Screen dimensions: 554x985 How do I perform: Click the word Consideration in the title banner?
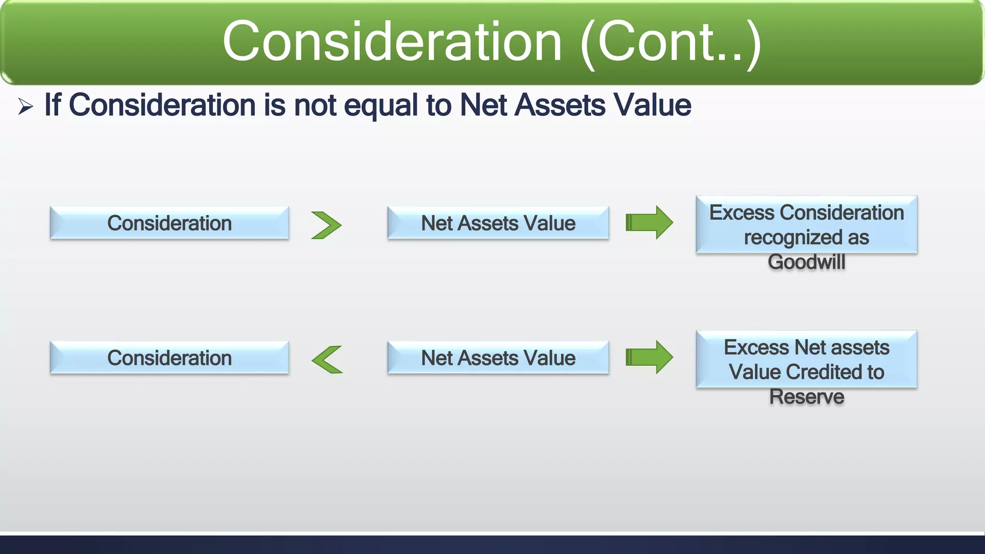click(x=392, y=42)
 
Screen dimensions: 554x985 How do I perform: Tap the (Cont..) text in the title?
click(x=671, y=43)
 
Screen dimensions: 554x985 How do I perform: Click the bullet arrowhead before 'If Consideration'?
click(x=25, y=106)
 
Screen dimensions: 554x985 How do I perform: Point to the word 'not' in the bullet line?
click(x=315, y=105)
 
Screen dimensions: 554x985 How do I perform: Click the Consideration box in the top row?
click(x=169, y=223)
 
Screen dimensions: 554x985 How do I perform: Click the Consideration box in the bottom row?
click(x=169, y=358)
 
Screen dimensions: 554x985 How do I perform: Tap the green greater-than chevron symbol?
click(x=326, y=225)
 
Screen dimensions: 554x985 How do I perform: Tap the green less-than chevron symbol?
click(x=327, y=360)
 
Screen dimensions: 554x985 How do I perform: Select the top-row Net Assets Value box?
click(x=498, y=223)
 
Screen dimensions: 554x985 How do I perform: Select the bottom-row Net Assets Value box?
click(x=498, y=358)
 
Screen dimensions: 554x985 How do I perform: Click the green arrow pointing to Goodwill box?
click(x=649, y=222)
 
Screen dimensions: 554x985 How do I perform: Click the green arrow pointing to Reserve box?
click(x=649, y=357)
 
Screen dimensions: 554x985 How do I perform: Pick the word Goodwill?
click(x=806, y=262)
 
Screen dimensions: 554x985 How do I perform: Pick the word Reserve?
click(x=807, y=397)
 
